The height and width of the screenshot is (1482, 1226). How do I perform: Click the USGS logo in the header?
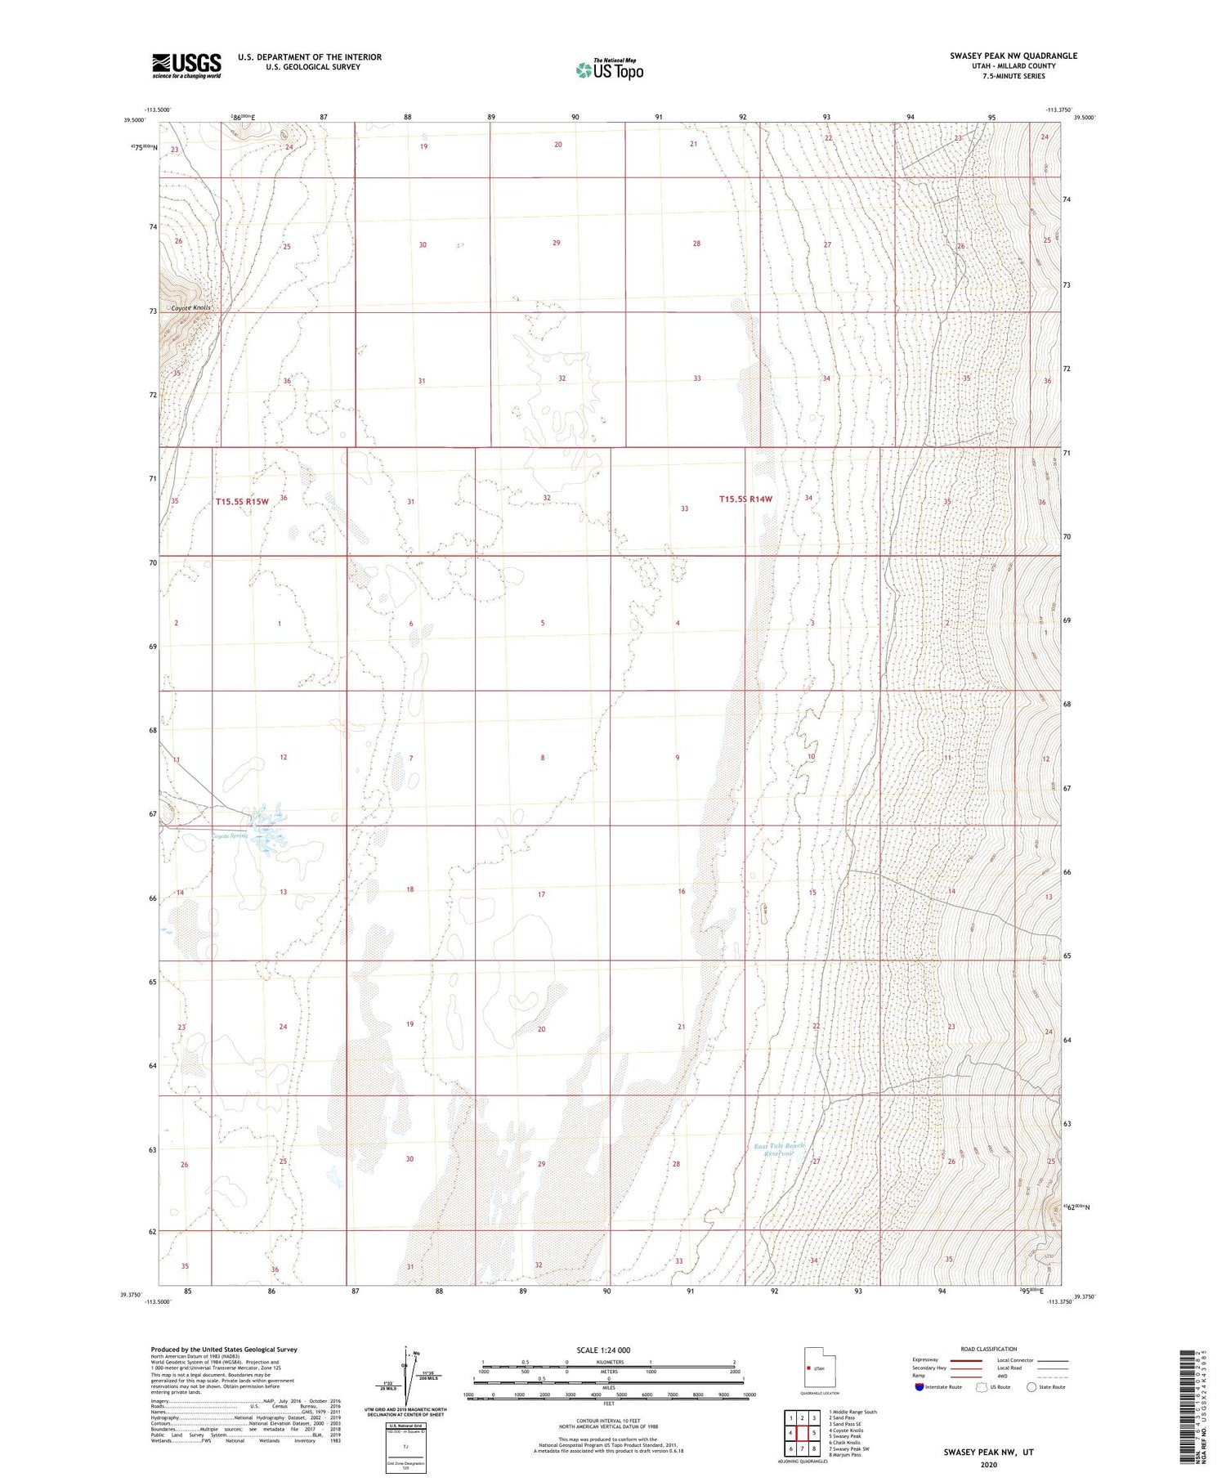coord(186,65)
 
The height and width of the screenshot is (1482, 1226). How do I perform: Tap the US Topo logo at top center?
coord(610,70)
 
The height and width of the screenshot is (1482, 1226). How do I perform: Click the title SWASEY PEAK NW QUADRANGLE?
coord(1013,56)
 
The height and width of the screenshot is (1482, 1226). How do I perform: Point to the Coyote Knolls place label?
coord(190,308)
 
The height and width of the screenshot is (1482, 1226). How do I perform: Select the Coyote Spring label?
coord(230,835)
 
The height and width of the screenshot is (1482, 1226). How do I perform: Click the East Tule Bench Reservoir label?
coord(779,1150)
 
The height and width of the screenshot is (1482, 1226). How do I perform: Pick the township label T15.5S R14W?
coord(745,499)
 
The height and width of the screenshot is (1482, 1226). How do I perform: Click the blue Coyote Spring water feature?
coord(267,827)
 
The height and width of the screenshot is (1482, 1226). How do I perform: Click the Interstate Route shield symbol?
coord(919,1387)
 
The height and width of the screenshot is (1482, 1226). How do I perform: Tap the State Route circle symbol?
coord(1031,1387)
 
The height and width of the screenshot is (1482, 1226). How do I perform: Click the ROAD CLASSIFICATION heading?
coord(989,1349)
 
